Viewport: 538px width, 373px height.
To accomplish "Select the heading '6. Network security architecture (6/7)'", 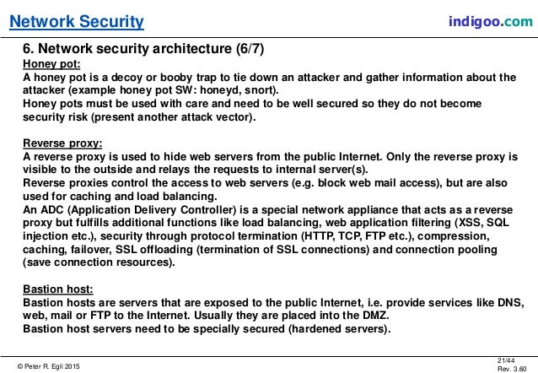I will click(143, 49).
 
